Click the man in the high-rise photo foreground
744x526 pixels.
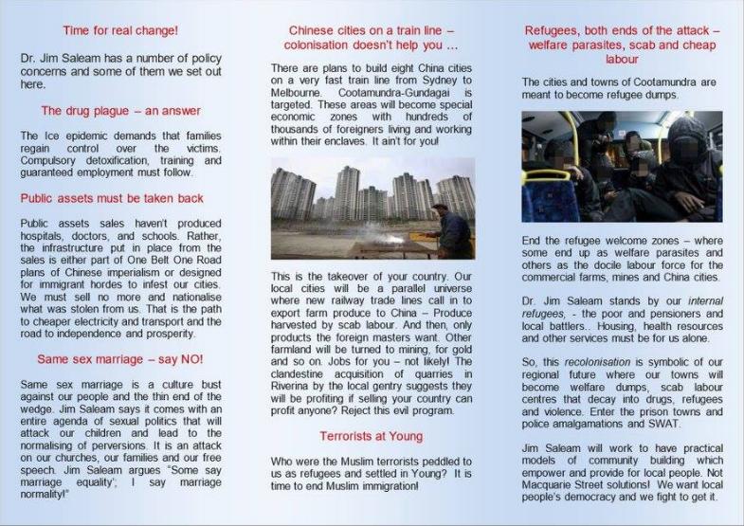453,227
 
